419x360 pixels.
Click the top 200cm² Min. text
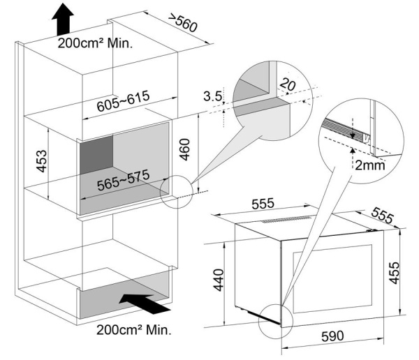[96, 42]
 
